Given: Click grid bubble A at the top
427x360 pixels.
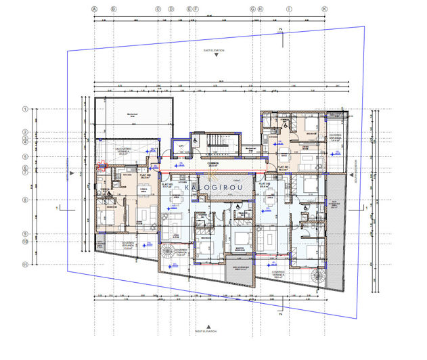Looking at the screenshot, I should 95,9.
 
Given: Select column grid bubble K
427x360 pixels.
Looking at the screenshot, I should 324,9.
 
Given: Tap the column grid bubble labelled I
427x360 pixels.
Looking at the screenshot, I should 290,9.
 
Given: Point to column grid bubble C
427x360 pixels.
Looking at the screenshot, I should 158,9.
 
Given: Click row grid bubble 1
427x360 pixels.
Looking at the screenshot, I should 24,109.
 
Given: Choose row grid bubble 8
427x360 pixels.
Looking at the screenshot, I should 24,200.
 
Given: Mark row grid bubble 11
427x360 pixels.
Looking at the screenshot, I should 24,265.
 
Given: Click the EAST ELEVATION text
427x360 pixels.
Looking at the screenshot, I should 215,51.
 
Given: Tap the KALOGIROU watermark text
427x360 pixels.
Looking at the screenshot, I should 213,187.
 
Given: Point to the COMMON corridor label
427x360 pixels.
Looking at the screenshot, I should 212,163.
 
